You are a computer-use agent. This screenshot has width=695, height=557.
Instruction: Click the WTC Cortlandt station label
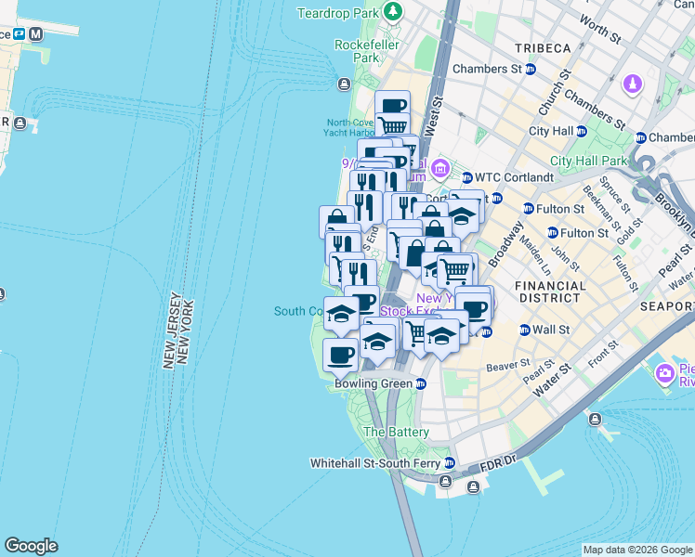514,176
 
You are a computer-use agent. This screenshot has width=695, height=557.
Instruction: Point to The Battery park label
396,432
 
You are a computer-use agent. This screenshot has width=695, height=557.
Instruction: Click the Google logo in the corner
31,546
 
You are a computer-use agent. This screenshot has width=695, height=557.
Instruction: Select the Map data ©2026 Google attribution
636,550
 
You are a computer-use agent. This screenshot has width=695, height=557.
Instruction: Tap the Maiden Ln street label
532,249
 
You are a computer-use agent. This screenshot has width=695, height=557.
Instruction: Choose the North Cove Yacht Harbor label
350,128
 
